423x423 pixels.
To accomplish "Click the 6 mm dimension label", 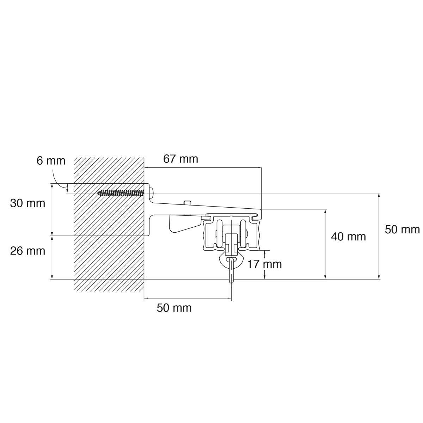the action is click(x=51, y=161).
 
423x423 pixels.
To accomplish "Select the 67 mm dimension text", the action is click(x=180, y=159).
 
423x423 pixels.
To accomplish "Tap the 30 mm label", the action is click(x=27, y=203).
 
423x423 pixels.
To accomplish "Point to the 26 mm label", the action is click(x=27, y=251).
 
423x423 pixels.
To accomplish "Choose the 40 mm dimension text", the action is click(x=349, y=237).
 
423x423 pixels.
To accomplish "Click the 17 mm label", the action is click(x=264, y=264).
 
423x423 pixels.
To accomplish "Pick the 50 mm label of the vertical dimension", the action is click(x=402, y=230).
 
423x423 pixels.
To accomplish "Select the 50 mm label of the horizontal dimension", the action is click(x=174, y=308).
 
